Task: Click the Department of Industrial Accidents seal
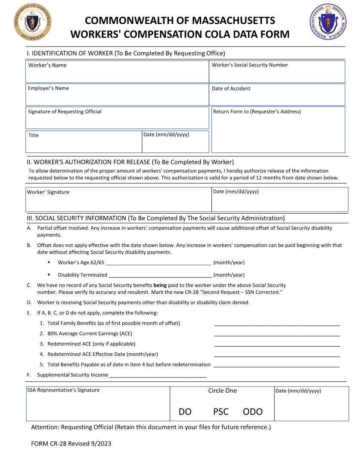point(33,22)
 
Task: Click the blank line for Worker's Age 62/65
point(158,262)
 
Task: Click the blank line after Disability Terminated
point(160,275)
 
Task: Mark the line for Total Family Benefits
point(277,324)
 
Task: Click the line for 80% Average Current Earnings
point(277,334)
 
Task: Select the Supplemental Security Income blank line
point(158,375)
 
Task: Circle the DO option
point(185,412)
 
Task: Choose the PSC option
point(220,412)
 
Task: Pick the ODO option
point(253,412)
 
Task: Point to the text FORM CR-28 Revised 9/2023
point(71,443)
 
